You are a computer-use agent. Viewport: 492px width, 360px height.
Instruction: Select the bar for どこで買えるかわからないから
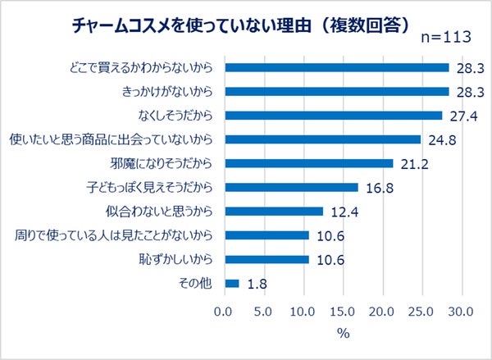click(x=336, y=67)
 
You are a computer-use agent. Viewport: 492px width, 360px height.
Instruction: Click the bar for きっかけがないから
click(x=336, y=91)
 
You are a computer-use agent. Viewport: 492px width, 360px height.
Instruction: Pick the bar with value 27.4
click(x=333, y=116)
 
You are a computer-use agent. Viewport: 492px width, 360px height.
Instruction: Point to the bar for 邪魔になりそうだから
click(x=308, y=163)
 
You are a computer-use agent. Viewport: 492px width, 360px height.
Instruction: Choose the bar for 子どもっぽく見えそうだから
click(x=291, y=187)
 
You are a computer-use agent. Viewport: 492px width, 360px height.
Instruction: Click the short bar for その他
click(x=231, y=284)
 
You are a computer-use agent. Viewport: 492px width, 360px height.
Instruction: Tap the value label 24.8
click(x=441, y=139)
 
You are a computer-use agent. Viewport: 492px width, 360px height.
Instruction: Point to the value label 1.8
click(x=256, y=284)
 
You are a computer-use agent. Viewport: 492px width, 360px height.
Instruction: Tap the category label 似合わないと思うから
click(x=159, y=212)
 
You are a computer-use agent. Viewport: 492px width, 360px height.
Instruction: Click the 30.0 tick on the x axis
click(x=462, y=312)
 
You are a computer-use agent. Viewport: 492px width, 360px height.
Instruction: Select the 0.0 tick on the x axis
click(x=223, y=312)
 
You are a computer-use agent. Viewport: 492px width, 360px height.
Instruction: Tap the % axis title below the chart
click(x=343, y=333)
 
